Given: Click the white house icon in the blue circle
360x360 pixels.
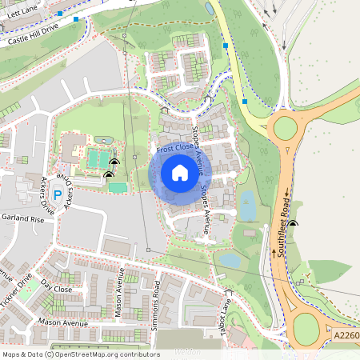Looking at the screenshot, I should pyautogui.click(x=180, y=172).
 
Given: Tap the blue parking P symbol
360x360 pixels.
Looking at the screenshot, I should pyautogui.click(x=57, y=194).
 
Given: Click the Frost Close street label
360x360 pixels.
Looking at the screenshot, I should pyautogui.click(x=174, y=149).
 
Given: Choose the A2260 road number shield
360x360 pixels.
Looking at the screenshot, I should pyautogui.click(x=345, y=336).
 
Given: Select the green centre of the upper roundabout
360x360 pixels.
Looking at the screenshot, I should pyautogui.click(x=286, y=128).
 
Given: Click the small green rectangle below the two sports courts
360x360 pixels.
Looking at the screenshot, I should pyautogui.click(x=118, y=187).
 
